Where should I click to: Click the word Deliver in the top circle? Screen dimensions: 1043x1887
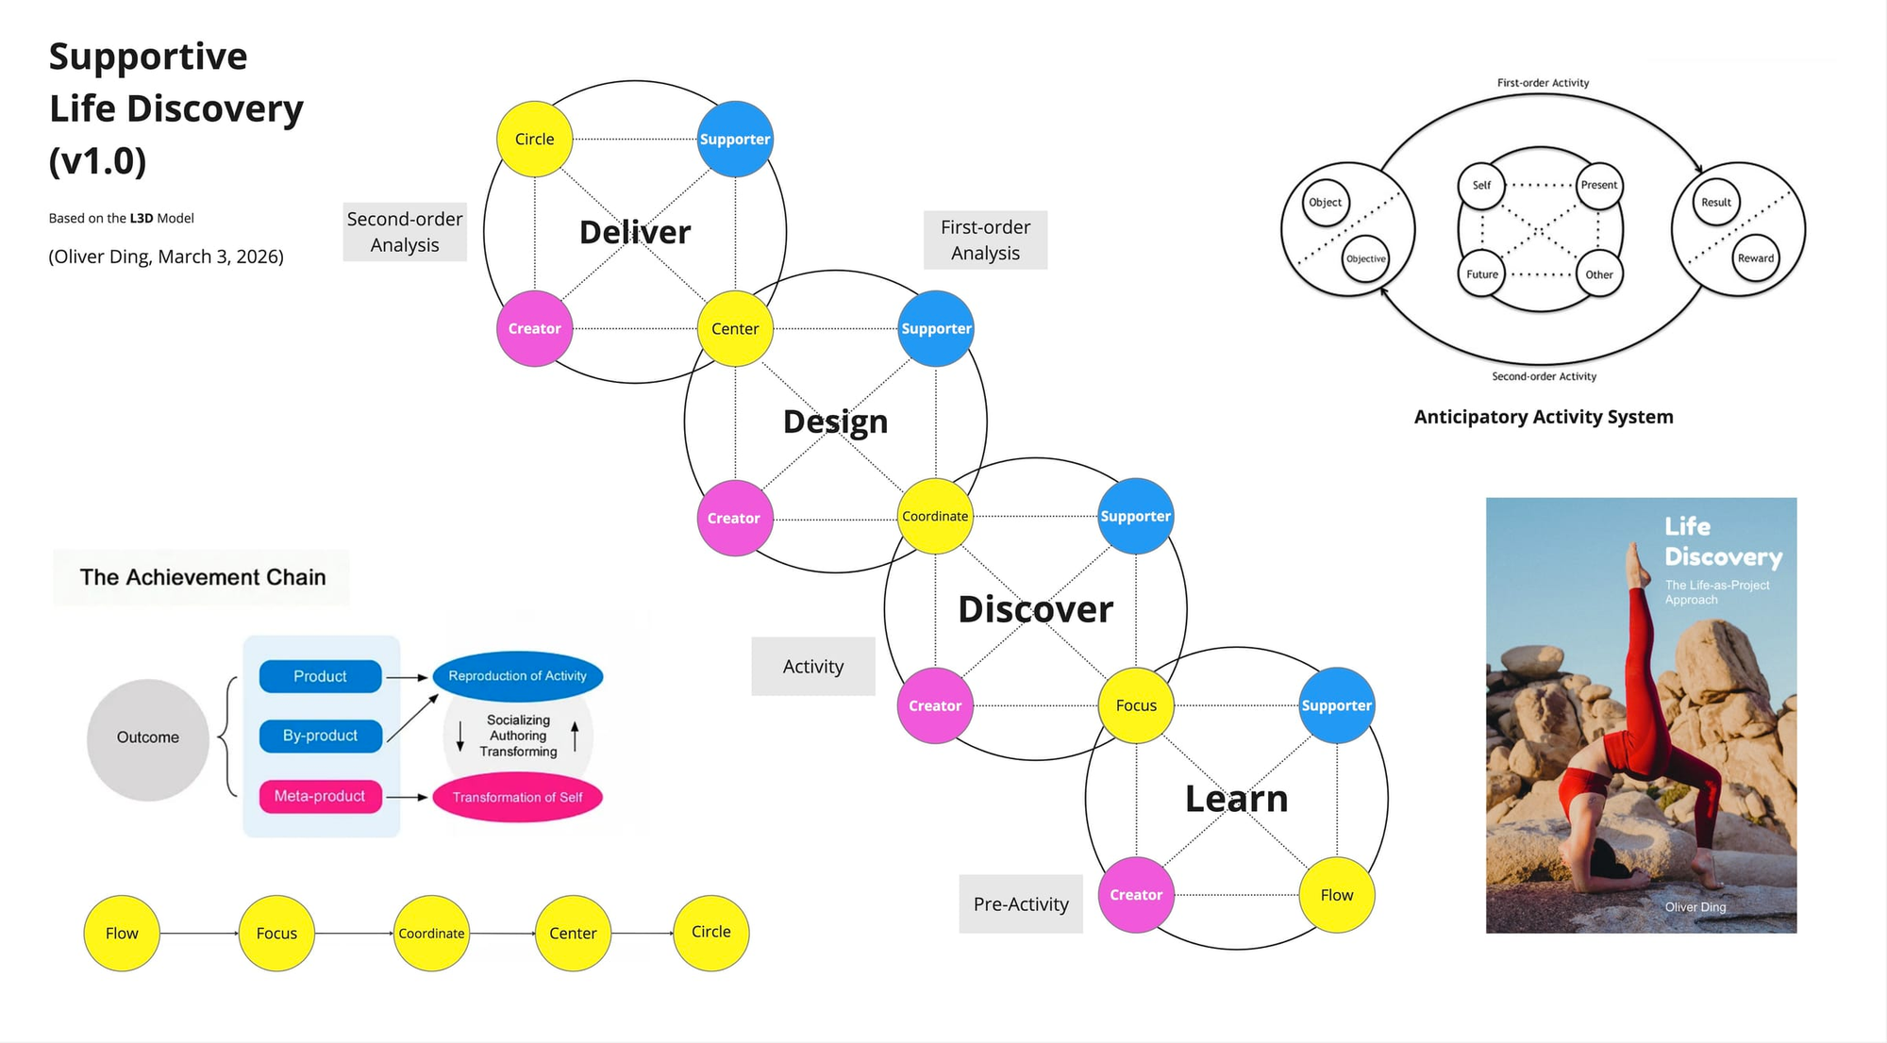click(x=635, y=232)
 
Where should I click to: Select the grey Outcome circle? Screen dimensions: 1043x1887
click(x=148, y=738)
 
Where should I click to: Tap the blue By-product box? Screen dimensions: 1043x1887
click(x=321, y=736)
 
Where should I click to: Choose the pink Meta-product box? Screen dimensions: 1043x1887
click(x=320, y=796)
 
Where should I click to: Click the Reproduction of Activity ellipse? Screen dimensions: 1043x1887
click(x=517, y=676)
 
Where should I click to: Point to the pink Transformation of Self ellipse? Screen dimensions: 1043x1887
click(x=517, y=798)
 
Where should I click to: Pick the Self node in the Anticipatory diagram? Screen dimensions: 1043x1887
click(x=1481, y=185)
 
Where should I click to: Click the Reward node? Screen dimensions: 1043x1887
click(x=1755, y=258)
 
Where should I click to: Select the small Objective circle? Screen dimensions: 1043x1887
click(x=1365, y=259)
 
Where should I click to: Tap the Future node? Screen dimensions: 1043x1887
click(x=1481, y=274)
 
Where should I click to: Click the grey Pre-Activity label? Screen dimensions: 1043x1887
click(x=1021, y=904)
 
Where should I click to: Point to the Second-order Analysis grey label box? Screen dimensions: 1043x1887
click(x=405, y=232)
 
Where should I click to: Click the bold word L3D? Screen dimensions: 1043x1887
click(x=142, y=218)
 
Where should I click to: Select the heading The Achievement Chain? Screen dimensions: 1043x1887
click(x=202, y=577)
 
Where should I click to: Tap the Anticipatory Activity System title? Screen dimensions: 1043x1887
click(x=1544, y=417)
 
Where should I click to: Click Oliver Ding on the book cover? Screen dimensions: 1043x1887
click(x=1695, y=907)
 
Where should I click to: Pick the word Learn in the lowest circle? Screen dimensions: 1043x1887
click(x=1236, y=799)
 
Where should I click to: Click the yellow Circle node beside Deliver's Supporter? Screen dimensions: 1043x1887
click(x=535, y=140)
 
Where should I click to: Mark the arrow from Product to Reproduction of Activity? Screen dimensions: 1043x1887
click(x=408, y=677)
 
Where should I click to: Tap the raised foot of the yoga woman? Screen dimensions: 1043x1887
click(x=1635, y=558)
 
